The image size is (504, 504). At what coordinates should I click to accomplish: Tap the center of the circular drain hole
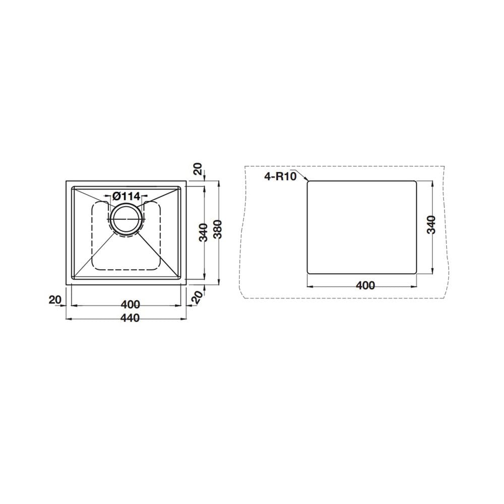126,219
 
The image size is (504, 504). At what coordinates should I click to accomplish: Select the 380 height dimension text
218,229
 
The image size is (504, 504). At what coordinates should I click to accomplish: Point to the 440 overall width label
130,318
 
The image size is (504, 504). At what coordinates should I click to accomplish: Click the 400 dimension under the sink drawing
130,304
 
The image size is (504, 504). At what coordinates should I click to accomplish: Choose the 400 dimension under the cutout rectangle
365,285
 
